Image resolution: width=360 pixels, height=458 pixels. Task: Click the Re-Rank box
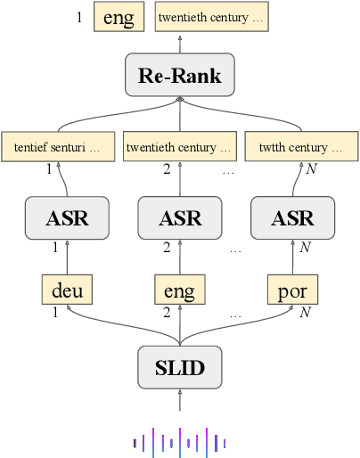click(x=179, y=75)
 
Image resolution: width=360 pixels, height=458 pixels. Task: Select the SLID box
click(x=179, y=367)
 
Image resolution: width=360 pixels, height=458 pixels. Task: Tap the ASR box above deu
click(x=67, y=218)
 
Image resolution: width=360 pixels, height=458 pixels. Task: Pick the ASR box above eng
click(x=179, y=218)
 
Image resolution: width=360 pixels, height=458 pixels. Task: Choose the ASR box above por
click(x=292, y=218)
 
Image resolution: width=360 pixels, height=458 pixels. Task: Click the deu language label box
click(x=67, y=290)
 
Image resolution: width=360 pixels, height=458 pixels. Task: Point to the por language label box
click(x=292, y=290)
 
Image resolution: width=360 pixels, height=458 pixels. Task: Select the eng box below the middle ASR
click(x=179, y=290)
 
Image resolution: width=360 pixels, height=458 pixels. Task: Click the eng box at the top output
click(x=119, y=18)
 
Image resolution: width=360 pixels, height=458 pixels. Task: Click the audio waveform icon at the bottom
click(x=179, y=440)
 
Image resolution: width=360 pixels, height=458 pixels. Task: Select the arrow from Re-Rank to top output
click(x=179, y=44)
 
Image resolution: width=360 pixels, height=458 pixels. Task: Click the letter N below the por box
click(x=305, y=312)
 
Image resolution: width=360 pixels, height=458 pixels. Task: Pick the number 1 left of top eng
click(x=79, y=17)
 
